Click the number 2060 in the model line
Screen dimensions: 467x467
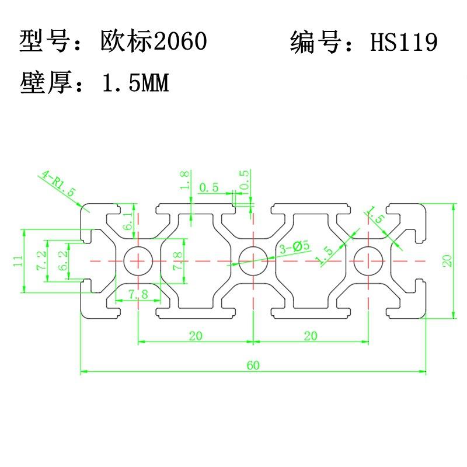pos(180,41)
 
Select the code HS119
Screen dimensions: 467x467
pos(403,41)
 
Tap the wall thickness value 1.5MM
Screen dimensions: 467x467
pos(136,82)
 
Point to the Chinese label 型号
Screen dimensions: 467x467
pos(45,41)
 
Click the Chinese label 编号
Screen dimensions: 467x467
pos(315,41)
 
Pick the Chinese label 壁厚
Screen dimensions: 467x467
pos(46,82)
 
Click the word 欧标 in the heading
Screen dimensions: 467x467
pos(127,41)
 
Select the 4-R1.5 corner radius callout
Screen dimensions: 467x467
pos(58,183)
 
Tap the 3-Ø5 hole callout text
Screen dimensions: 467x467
pos(295,247)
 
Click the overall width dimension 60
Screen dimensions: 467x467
pos(253,365)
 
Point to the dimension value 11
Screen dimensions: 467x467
pos(18,261)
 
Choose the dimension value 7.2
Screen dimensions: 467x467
pos(41,260)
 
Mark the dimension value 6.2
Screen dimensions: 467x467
pos(63,260)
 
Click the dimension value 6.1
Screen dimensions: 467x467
pos(128,221)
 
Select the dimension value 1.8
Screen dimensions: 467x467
pos(184,180)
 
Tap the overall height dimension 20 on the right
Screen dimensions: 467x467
pos(447,260)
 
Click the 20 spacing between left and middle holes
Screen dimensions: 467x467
pos(196,336)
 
